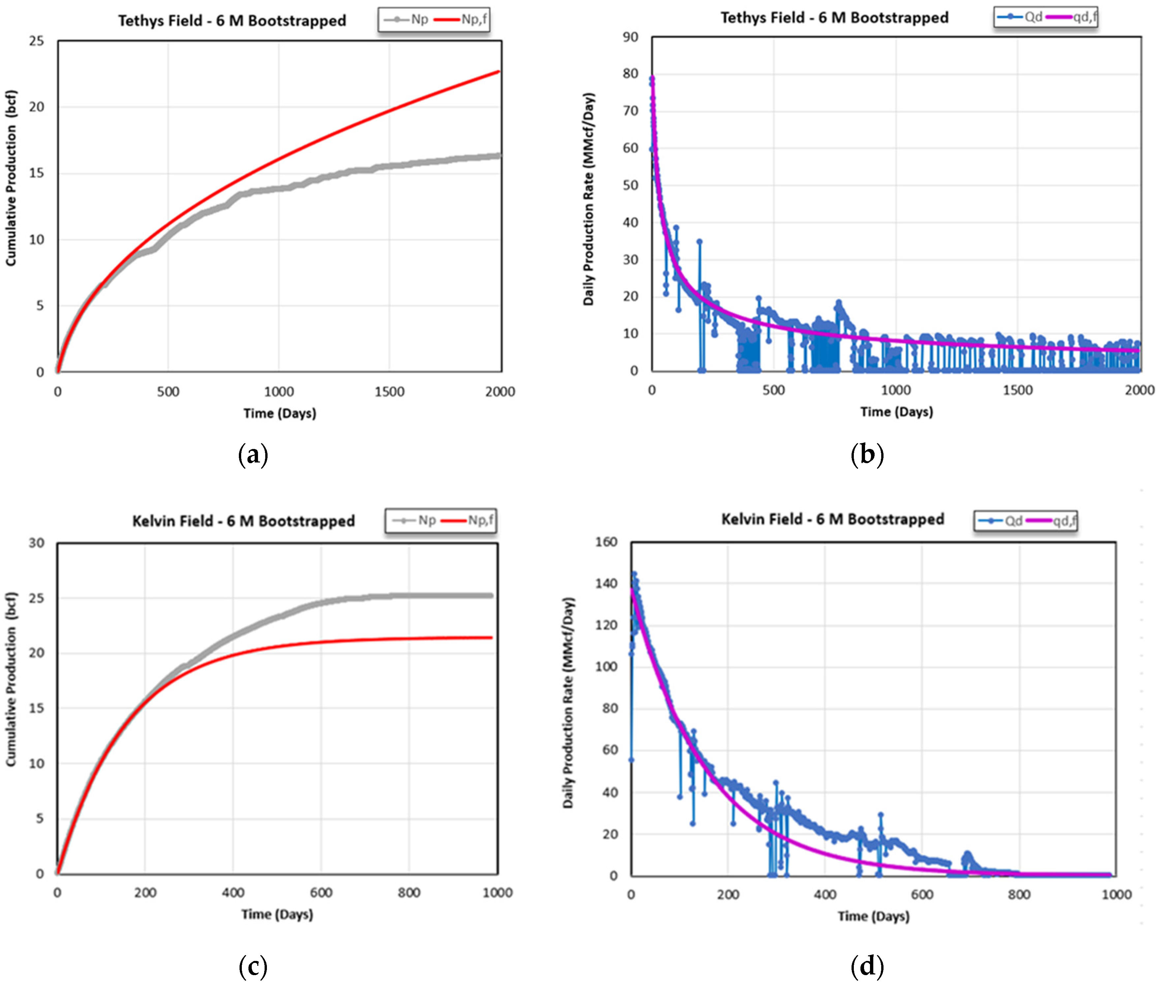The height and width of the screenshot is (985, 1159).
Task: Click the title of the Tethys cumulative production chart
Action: [x=232, y=21]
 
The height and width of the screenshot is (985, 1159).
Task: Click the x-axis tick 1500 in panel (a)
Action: [x=389, y=392]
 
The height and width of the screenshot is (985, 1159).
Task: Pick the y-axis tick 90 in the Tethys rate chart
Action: [x=630, y=37]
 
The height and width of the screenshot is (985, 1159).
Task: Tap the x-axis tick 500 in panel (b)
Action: [x=774, y=390]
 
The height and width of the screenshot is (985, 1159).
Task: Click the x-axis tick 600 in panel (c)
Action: [x=321, y=892]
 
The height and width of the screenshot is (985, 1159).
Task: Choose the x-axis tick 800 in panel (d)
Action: [x=1019, y=895]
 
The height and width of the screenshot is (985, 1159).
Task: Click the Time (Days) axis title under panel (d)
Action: [x=873, y=916]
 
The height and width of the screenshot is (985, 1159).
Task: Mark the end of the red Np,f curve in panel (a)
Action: [x=498, y=72]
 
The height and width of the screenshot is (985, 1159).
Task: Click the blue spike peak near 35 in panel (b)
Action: [x=699, y=241]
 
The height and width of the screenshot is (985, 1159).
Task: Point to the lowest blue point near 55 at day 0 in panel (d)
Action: [x=631, y=760]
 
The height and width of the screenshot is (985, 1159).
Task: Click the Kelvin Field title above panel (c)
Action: [x=243, y=521]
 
